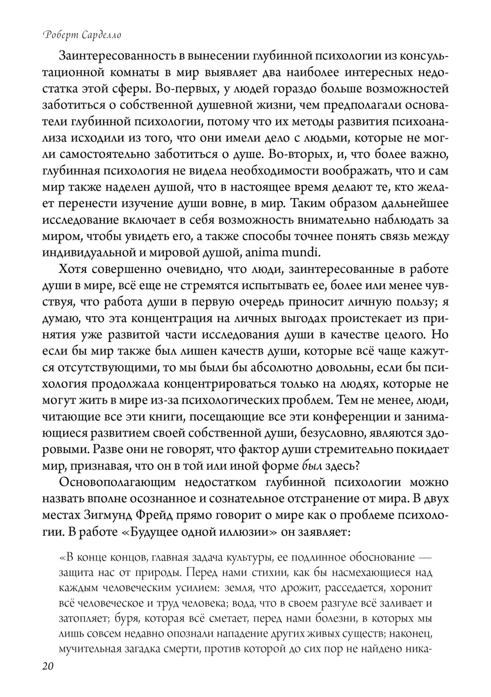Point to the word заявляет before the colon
coord(324,532)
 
